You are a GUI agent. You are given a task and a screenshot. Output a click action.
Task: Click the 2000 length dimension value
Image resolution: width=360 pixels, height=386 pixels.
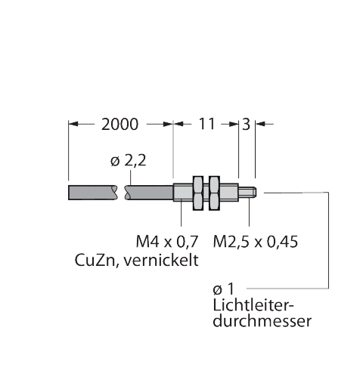(x=119, y=124)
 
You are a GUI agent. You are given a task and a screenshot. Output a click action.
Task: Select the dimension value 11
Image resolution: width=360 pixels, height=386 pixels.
(x=206, y=124)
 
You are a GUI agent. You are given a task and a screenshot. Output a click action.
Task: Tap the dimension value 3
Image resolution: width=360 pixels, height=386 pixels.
(x=246, y=124)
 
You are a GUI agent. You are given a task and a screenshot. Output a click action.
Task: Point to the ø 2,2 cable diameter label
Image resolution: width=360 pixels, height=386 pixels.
(x=129, y=161)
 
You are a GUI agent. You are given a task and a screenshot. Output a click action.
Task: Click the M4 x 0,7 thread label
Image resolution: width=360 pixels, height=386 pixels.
(x=167, y=242)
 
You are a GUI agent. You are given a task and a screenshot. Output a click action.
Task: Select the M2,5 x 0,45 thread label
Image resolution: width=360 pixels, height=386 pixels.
(x=256, y=242)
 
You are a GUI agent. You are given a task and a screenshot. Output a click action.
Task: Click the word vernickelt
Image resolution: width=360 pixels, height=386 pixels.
(x=161, y=260)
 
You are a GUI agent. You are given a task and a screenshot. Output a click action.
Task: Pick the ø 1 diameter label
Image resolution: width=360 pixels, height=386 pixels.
(x=224, y=289)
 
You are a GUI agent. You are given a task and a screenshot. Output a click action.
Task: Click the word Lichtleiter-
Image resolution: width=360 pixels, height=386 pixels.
(x=253, y=305)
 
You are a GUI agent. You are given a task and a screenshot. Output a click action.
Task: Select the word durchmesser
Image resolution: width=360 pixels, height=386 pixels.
(x=262, y=321)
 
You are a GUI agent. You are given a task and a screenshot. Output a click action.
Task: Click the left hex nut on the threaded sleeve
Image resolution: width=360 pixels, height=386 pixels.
(x=198, y=193)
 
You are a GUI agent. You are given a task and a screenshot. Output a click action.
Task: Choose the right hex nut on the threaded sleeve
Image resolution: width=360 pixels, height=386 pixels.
(x=214, y=193)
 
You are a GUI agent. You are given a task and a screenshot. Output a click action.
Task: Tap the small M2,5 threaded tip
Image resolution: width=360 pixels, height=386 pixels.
(x=247, y=193)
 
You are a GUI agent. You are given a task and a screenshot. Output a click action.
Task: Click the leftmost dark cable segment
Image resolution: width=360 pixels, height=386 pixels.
(x=93, y=193)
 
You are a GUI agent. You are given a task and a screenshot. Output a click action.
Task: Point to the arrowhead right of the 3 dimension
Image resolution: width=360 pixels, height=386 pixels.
(x=259, y=124)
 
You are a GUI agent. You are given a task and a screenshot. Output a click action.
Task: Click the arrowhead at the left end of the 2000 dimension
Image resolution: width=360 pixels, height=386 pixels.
(x=73, y=124)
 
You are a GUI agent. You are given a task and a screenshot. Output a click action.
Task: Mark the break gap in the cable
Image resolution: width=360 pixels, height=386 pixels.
(x=121, y=193)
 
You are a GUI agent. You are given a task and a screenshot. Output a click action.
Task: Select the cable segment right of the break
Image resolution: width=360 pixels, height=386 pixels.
(x=149, y=193)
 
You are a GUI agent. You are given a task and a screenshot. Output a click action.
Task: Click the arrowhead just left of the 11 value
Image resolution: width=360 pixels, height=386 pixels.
(x=178, y=124)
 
